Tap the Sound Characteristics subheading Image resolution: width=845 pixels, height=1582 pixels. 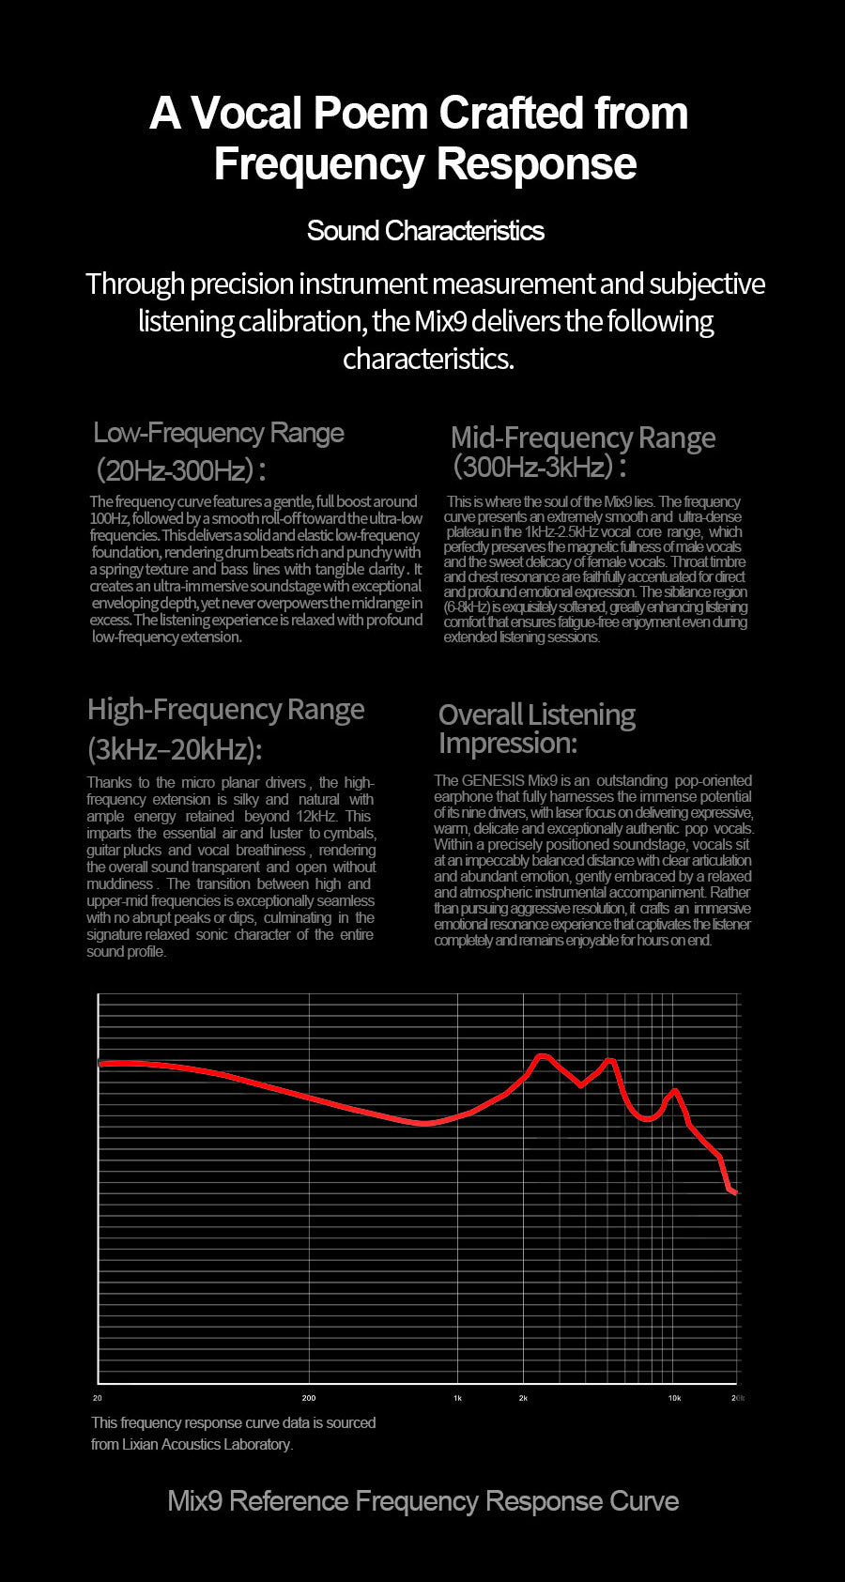pyautogui.click(x=425, y=231)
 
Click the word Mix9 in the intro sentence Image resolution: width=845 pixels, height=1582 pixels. pyautogui.click(x=440, y=322)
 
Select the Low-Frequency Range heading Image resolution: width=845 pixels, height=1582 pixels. pyautogui.click(x=219, y=433)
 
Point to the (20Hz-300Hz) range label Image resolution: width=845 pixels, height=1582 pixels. pyautogui.click(x=180, y=469)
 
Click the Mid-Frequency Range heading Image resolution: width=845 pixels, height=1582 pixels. pyautogui.click(x=582, y=438)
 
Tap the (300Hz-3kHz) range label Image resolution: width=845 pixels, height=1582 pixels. pyautogui.click(x=539, y=467)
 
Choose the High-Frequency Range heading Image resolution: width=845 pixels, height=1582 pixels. pyautogui.click(x=225, y=710)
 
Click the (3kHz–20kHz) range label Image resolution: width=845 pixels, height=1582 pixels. pyautogui.click(x=175, y=749)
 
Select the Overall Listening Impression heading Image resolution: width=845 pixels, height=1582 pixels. pyautogui.click(x=536, y=729)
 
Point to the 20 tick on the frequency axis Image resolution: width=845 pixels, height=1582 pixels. pyautogui.click(x=98, y=1398)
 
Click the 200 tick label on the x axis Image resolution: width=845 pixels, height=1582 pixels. pyautogui.click(x=309, y=1398)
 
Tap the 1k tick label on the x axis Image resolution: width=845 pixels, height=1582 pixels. pyautogui.click(x=457, y=1398)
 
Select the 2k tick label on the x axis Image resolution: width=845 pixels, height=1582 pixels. pyautogui.click(x=523, y=1398)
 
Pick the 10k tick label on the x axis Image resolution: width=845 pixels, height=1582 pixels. pyautogui.click(x=674, y=1398)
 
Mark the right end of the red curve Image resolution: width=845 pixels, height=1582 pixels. pyautogui.click(x=736, y=1192)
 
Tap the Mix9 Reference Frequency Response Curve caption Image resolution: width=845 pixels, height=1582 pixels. pyautogui.click(x=422, y=1500)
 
